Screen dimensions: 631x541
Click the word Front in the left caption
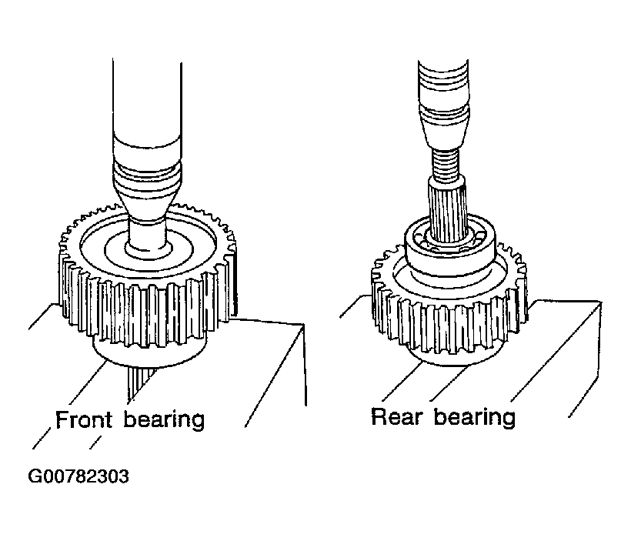pos(83,419)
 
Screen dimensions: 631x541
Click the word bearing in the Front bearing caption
pos(164,420)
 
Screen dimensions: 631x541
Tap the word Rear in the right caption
pos(396,416)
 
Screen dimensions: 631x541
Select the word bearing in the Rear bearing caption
pos(475,417)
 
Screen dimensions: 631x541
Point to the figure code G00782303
pos(78,476)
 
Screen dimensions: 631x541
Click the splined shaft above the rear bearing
pos(447,210)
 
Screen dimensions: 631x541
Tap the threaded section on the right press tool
pos(445,163)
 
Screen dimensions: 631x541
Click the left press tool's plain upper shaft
pos(147,101)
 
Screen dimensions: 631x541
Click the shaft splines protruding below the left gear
pos(139,380)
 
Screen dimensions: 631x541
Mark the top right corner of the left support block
pos(302,324)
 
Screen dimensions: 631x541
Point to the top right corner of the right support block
pos(601,302)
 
